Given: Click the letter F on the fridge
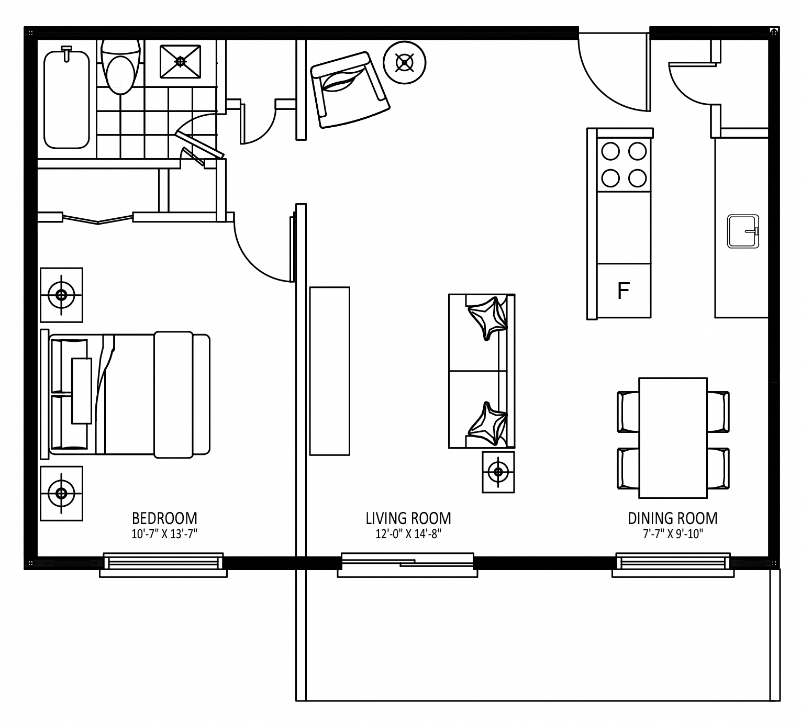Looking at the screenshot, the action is (x=623, y=291).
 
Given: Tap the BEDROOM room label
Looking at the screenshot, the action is (x=164, y=518).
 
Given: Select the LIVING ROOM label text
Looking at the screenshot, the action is (x=408, y=518).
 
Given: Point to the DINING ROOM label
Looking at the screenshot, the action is (x=673, y=518).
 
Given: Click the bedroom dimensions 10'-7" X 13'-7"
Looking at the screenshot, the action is (x=164, y=534).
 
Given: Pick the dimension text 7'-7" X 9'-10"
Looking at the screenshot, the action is (x=673, y=534).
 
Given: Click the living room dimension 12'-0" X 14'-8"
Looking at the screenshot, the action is (x=408, y=534).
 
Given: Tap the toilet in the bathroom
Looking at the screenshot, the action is (x=120, y=66).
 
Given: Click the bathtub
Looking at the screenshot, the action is (x=66, y=98).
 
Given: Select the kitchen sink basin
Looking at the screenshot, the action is (x=743, y=231).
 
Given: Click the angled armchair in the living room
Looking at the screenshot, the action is (x=350, y=90).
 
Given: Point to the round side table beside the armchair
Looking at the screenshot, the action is (x=405, y=63).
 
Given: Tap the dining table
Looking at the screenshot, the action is (x=673, y=438).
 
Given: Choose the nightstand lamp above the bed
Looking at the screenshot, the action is (x=61, y=295).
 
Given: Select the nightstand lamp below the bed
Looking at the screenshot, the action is (x=61, y=494).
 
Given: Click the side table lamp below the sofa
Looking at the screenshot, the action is (x=498, y=472).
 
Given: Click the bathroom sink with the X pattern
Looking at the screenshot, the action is (x=181, y=61).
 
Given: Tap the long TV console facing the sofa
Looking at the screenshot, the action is (x=330, y=371).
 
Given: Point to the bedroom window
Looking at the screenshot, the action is (x=163, y=564).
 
